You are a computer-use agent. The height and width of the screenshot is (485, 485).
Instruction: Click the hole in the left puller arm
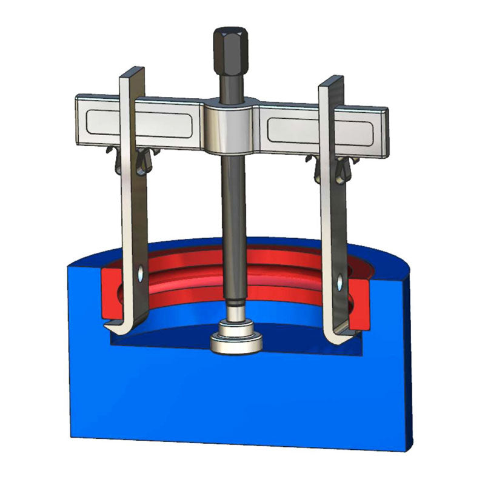(x=141, y=276)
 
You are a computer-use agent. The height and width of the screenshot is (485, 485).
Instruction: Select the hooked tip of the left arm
(x=115, y=327)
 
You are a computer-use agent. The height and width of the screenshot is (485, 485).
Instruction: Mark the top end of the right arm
(x=331, y=81)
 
